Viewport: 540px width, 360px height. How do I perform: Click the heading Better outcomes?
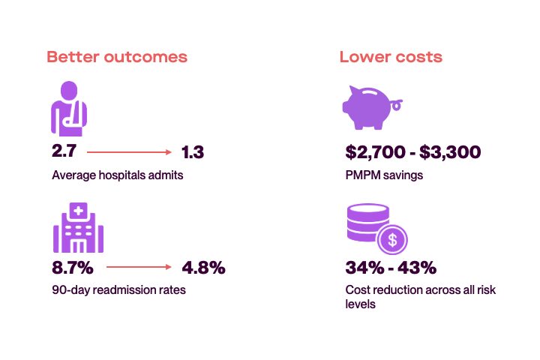click(117, 57)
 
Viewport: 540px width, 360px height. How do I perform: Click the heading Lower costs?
click(391, 57)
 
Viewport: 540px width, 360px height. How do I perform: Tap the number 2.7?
click(64, 152)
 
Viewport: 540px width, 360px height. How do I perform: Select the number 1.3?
click(193, 152)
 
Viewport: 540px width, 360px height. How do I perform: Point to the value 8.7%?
click(73, 267)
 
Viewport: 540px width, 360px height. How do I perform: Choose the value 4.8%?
click(203, 267)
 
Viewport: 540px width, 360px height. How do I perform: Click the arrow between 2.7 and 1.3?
click(129, 152)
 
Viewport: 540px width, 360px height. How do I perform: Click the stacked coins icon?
click(367, 222)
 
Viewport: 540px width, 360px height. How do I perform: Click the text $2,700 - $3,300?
click(412, 153)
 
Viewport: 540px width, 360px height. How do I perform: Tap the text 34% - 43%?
click(391, 268)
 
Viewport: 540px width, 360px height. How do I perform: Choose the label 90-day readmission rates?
click(118, 289)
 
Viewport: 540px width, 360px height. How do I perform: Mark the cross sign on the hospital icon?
click(78, 211)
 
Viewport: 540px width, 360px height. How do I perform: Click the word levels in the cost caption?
click(361, 304)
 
